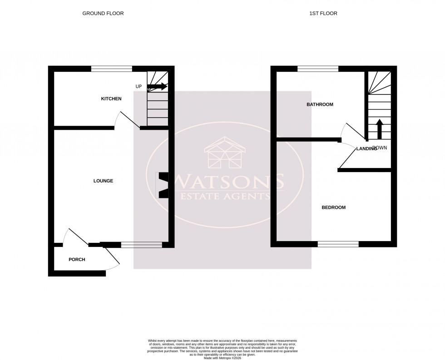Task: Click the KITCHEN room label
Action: pos(111,99)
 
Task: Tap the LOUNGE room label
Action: pos(103,181)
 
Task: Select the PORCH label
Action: pos(77,260)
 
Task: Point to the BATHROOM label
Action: pos(320,104)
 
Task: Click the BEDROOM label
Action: pos(333,207)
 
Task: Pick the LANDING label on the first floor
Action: pos(366,148)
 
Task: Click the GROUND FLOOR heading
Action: pos(103,14)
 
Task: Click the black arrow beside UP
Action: pos(157,86)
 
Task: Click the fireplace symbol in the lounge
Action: pos(162,185)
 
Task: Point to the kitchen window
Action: pos(111,69)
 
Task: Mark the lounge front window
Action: pos(141,245)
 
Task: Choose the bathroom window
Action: pos(318,69)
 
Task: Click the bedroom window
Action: pos(338,244)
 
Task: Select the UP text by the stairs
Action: pos(139,86)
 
